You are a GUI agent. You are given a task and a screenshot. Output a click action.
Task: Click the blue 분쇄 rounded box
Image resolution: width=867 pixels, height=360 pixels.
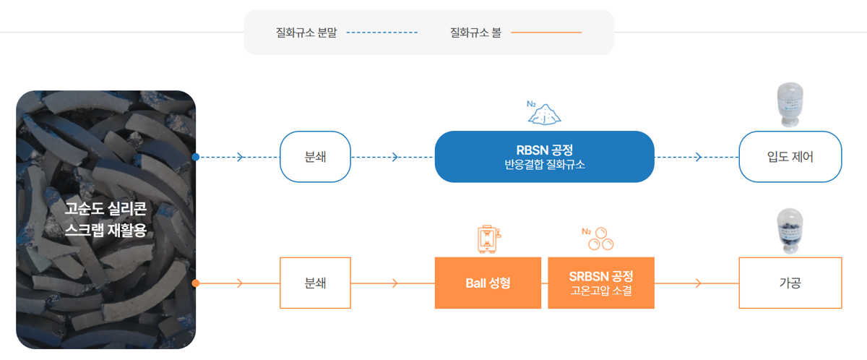click(315, 157)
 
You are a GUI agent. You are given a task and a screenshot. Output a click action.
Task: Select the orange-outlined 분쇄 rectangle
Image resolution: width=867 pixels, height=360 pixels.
click(315, 283)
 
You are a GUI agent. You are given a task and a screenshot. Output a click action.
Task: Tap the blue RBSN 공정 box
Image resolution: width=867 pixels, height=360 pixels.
click(545, 157)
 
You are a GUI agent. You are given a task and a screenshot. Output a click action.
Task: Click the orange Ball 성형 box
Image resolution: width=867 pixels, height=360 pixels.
click(488, 283)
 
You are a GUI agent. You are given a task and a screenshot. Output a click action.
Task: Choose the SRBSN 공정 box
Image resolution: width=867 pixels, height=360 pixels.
click(601, 283)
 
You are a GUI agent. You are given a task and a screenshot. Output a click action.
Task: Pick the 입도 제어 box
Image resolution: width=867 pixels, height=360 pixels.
click(790, 157)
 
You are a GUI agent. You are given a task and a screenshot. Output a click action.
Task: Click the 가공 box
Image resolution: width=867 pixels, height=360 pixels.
click(790, 283)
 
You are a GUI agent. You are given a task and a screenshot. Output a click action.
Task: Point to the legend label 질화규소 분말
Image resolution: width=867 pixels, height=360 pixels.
click(306, 33)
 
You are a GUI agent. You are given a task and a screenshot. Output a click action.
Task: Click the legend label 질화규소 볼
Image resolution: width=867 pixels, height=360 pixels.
click(475, 33)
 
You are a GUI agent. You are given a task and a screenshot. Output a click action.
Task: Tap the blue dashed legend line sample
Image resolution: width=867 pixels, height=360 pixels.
click(382, 33)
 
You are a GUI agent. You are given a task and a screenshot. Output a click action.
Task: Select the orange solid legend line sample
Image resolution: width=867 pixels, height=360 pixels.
click(546, 33)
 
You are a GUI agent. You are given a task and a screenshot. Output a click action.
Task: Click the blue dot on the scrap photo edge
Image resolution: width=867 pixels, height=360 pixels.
click(196, 157)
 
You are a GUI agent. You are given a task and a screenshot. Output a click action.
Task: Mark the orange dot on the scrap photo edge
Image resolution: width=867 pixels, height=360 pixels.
click(196, 283)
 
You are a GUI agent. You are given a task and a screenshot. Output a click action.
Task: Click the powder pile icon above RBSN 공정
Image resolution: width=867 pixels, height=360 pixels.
click(544, 113)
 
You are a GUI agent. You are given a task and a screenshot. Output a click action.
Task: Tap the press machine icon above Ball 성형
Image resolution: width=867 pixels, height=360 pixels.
click(489, 239)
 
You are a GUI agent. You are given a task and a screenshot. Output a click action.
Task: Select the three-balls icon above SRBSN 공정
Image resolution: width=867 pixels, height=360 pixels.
click(598, 239)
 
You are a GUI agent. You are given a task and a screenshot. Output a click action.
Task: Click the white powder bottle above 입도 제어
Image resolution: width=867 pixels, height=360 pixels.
click(790, 105)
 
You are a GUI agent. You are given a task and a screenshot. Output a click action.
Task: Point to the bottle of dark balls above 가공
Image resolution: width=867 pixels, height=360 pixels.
click(790, 231)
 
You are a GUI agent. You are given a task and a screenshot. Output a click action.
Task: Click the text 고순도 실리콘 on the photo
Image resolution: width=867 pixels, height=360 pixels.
click(105, 209)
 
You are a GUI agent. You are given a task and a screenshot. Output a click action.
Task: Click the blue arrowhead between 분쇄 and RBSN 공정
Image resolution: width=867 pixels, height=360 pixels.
click(394, 157)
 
